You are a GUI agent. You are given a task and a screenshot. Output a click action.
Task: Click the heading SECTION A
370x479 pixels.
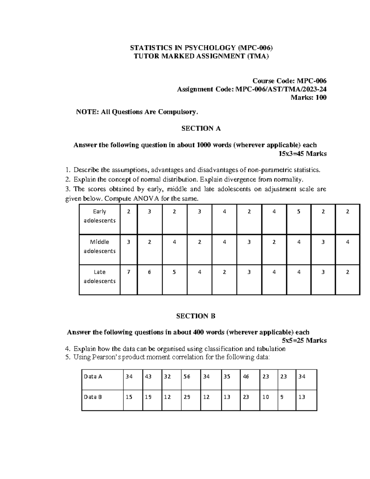[x=201, y=129]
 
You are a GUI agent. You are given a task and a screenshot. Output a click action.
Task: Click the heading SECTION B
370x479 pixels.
[x=195, y=316]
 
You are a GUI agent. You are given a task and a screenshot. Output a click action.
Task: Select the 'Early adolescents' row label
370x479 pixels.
[x=100, y=216]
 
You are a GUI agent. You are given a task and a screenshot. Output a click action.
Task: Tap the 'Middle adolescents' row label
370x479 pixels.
[x=100, y=246]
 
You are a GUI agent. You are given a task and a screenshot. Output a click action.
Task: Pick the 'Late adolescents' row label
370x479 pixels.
[x=100, y=276]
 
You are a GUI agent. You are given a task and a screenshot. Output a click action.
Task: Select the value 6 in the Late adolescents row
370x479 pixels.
[x=150, y=272]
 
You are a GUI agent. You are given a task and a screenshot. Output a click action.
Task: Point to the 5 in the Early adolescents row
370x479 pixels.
[x=298, y=212]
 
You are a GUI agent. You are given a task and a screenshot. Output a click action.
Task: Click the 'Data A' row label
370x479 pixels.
[x=93, y=377]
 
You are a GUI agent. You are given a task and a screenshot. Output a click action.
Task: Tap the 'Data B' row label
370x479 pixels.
[x=93, y=397]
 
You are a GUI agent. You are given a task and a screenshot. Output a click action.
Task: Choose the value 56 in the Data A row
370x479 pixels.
[x=187, y=377]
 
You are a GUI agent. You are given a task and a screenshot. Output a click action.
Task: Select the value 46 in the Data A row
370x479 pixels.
[x=246, y=377]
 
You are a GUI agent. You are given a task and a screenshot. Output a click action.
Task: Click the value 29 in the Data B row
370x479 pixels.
[x=187, y=397]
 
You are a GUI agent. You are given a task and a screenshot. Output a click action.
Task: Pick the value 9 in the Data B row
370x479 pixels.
[x=282, y=397]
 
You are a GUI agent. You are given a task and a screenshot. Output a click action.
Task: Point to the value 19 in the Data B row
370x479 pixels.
[x=148, y=397]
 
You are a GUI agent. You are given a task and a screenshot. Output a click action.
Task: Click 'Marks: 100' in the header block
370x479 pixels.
[x=309, y=98]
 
